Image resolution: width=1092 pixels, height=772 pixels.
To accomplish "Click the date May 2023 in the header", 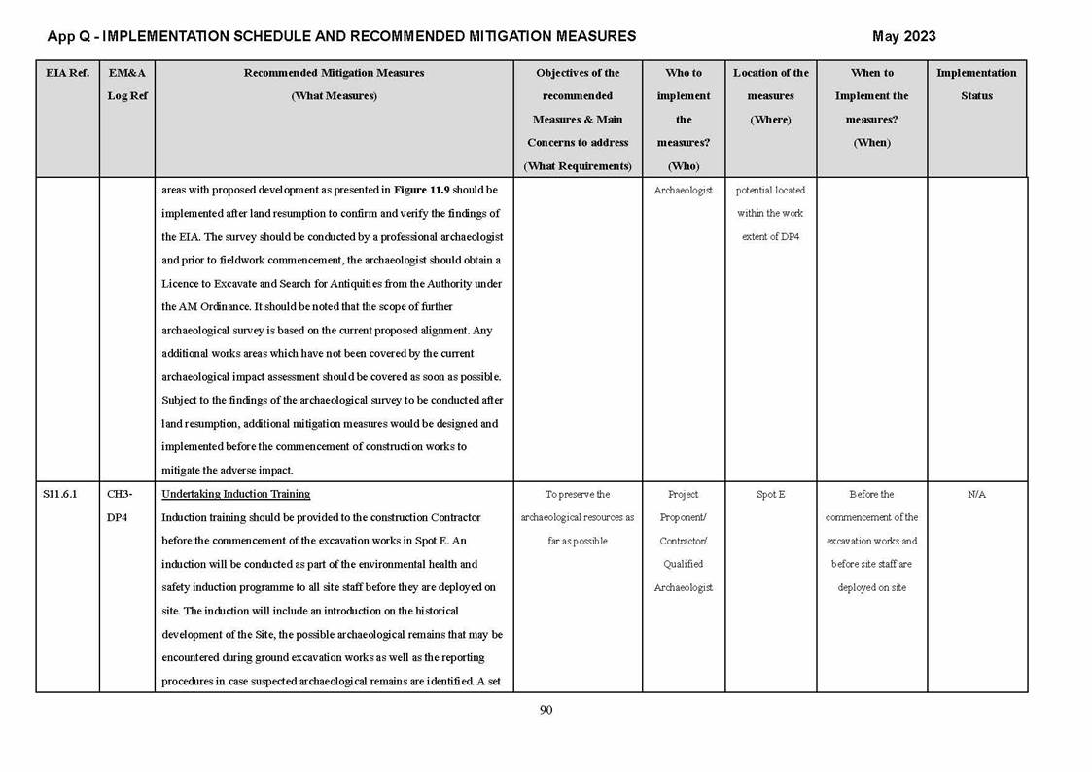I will click(x=903, y=36).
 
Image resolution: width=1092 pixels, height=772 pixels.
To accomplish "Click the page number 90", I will click(x=546, y=710).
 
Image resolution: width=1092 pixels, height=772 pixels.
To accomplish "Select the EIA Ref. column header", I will click(x=67, y=73).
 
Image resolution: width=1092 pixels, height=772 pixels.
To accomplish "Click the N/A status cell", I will click(x=976, y=494).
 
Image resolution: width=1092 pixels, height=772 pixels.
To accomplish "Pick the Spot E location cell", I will click(x=770, y=494).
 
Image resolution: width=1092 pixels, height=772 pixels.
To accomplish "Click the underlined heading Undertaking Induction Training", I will click(x=235, y=494).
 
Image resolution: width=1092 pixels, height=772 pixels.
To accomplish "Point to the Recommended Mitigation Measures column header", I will click(x=334, y=73).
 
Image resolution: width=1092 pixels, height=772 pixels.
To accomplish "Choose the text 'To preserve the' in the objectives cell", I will click(x=578, y=494).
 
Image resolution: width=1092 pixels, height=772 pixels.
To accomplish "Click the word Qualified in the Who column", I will click(x=684, y=564).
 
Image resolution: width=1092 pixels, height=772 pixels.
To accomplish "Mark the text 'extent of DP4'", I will click(x=770, y=236).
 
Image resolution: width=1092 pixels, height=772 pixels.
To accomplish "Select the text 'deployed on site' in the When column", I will click(x=871, y=587).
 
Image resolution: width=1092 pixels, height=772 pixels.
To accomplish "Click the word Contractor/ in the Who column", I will click(x=684, y=541).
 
